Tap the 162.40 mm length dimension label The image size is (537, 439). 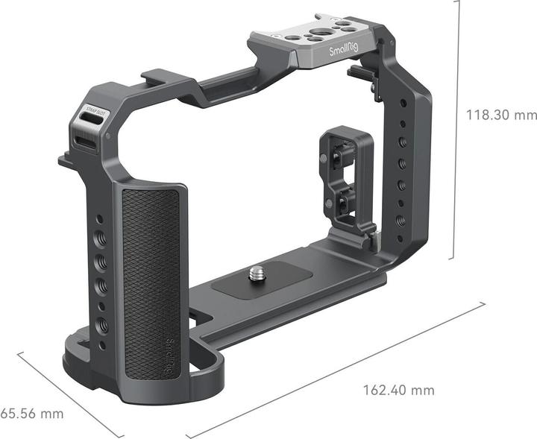click(398, 390)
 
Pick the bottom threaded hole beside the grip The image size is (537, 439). click(102, 325)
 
